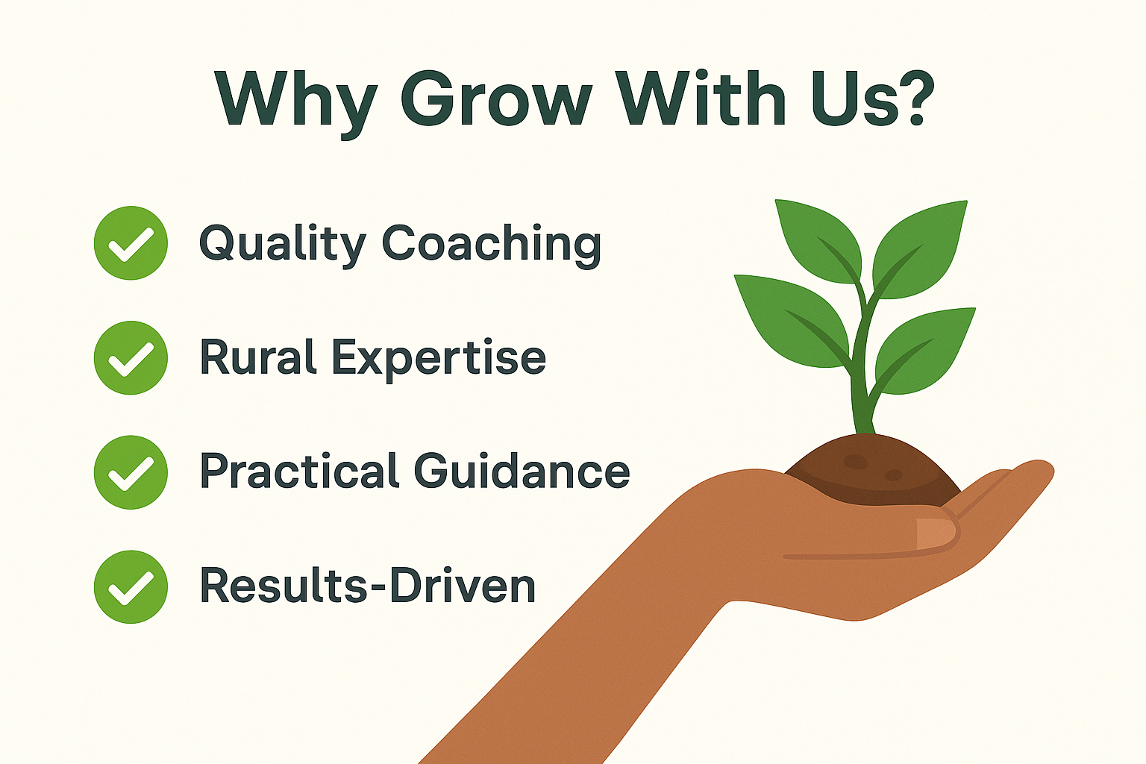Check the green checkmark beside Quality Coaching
point(131,243)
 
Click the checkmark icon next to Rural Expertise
point(131,357)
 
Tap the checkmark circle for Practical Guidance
point(131,472)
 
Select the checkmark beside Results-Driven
point(131,587)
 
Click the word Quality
point(283,245)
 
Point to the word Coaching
point(492,245)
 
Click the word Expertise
point(439,360)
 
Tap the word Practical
point(299,471)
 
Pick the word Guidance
point(522,471)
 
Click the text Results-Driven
point(368,586)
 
